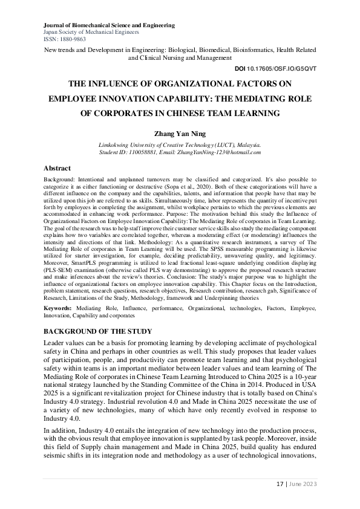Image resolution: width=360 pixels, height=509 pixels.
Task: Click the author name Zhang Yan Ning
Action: click(x=180, y=133)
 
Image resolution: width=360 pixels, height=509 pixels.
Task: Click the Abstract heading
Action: click(x=57, y=168)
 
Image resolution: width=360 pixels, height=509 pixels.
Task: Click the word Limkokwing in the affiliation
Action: click(x=116, y=146)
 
